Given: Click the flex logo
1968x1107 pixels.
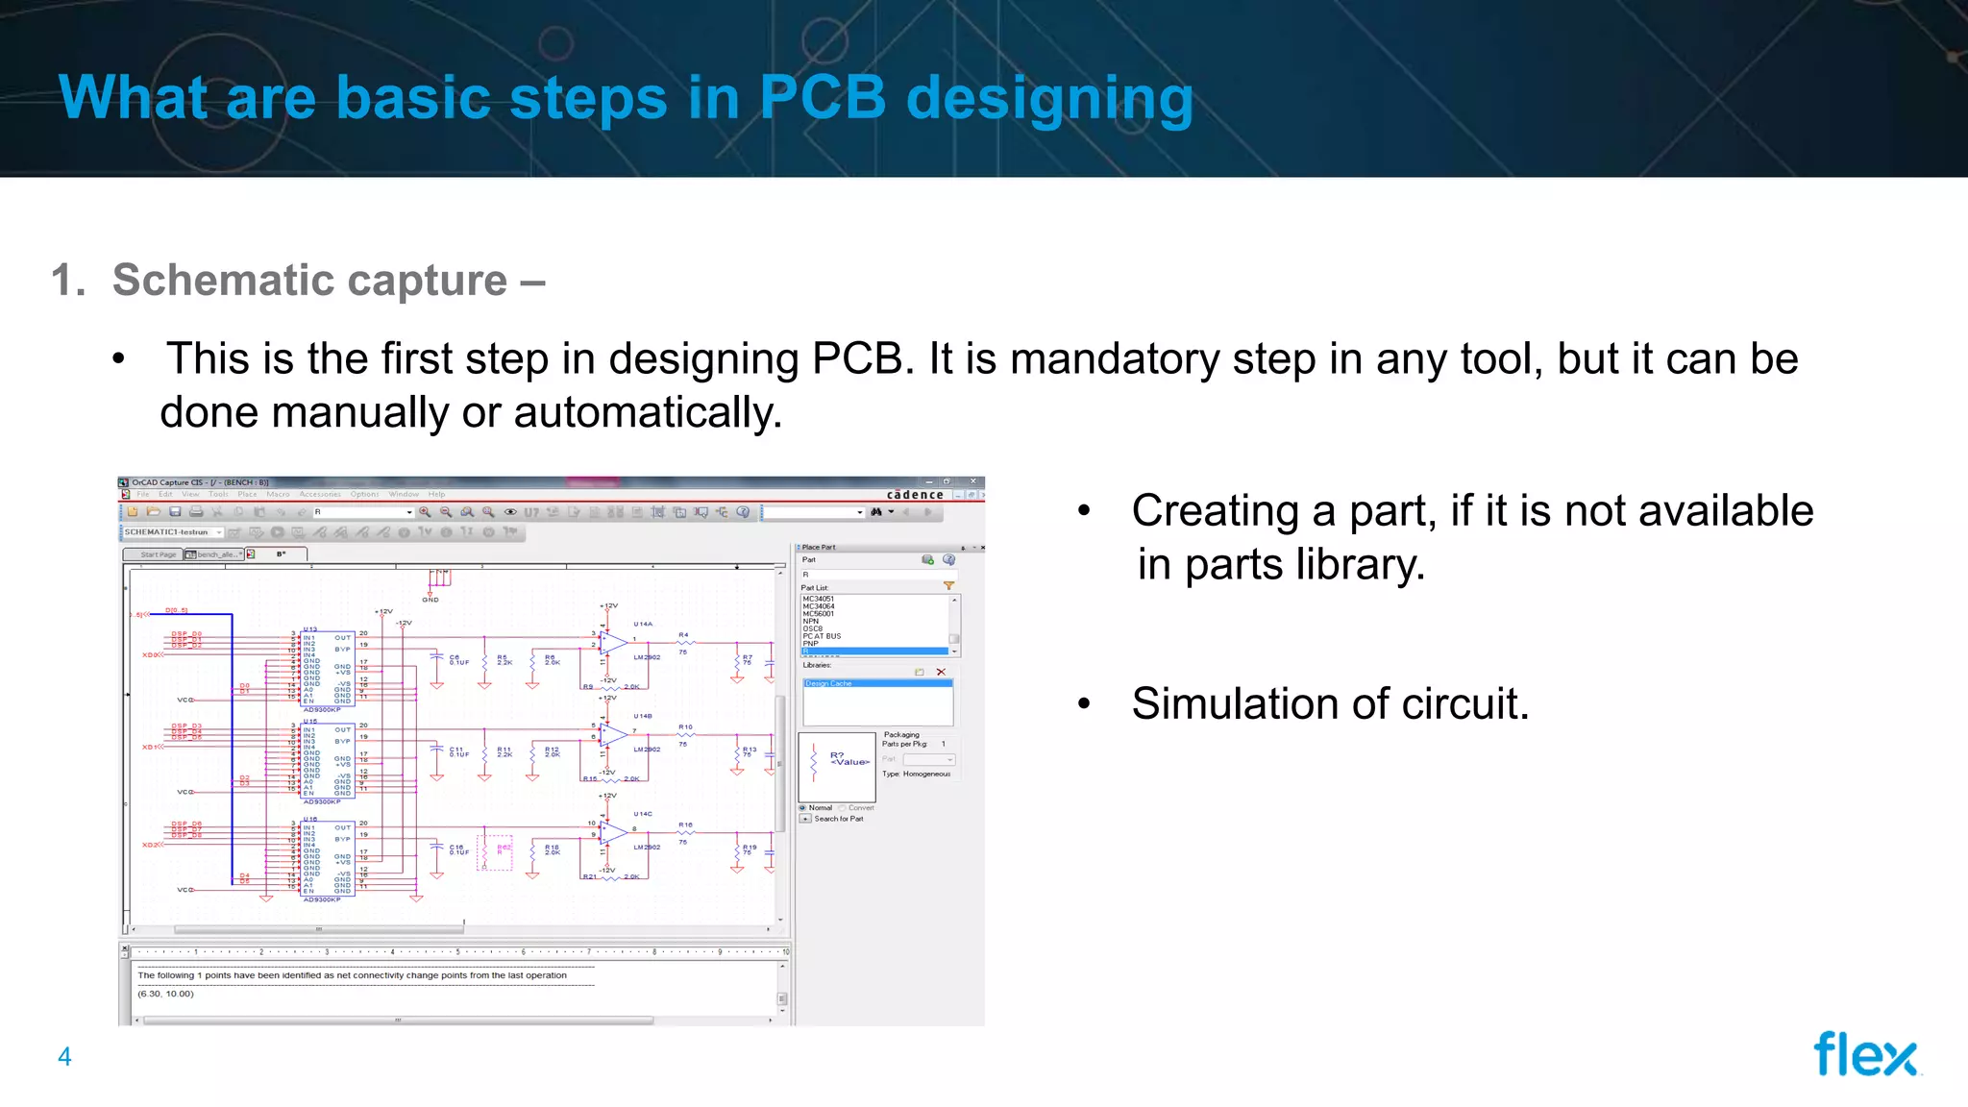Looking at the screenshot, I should [x=1865, y=1054].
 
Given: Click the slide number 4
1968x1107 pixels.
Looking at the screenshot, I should [x=64, y=1057].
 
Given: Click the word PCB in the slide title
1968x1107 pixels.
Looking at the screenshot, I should [x=822, y=97].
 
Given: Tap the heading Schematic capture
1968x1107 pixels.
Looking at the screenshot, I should [x=309, y=281].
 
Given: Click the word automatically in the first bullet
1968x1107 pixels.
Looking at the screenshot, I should [x=648, y=412].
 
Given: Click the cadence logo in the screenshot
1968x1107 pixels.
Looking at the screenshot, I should [x=914, y=495].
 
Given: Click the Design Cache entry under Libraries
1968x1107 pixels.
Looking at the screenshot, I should [x=828, y=683].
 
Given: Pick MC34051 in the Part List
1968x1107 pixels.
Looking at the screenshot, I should [x=819, y=599].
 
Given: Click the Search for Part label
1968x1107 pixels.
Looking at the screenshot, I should [x=839, y=819].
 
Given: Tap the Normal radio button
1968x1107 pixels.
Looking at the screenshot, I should [x=803, y=808].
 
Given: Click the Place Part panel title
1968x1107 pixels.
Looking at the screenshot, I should [x=819, y=547].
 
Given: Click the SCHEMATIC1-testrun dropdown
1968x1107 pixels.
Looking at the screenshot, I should [x=173, y=531].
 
